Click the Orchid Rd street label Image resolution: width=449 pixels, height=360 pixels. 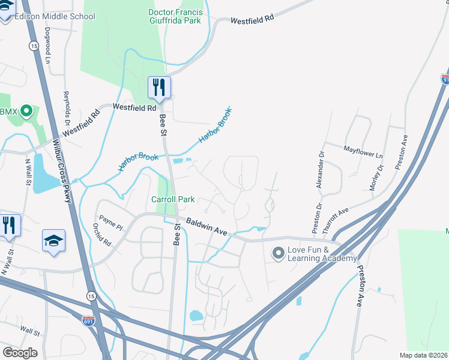click(x=103, y=235)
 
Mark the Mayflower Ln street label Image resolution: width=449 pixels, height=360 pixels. click(x=363, y=151)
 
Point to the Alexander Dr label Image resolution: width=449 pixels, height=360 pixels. click(x=321, y=169)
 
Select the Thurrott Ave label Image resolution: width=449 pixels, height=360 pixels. click(x=335, y=220)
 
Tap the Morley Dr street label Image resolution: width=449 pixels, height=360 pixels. click(x=377, y=175)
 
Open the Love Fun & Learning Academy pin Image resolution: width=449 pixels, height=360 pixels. click(x=278, y=254)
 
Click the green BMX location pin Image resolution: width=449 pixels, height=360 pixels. click(x=26, y=111)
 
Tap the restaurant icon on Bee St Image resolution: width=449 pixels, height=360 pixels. click(x=159, y=88)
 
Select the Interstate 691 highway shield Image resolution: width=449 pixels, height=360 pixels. click(x=88, y=322)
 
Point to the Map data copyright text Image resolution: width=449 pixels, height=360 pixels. click(x=423, y=355)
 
